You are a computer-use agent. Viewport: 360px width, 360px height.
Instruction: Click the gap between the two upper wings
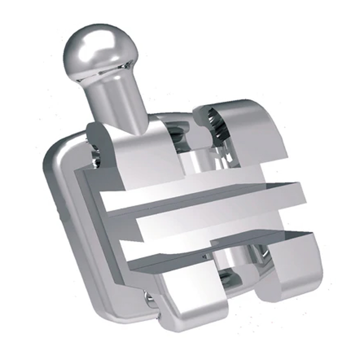point(192,150)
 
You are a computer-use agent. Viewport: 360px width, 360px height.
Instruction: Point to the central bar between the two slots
point(204,222)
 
